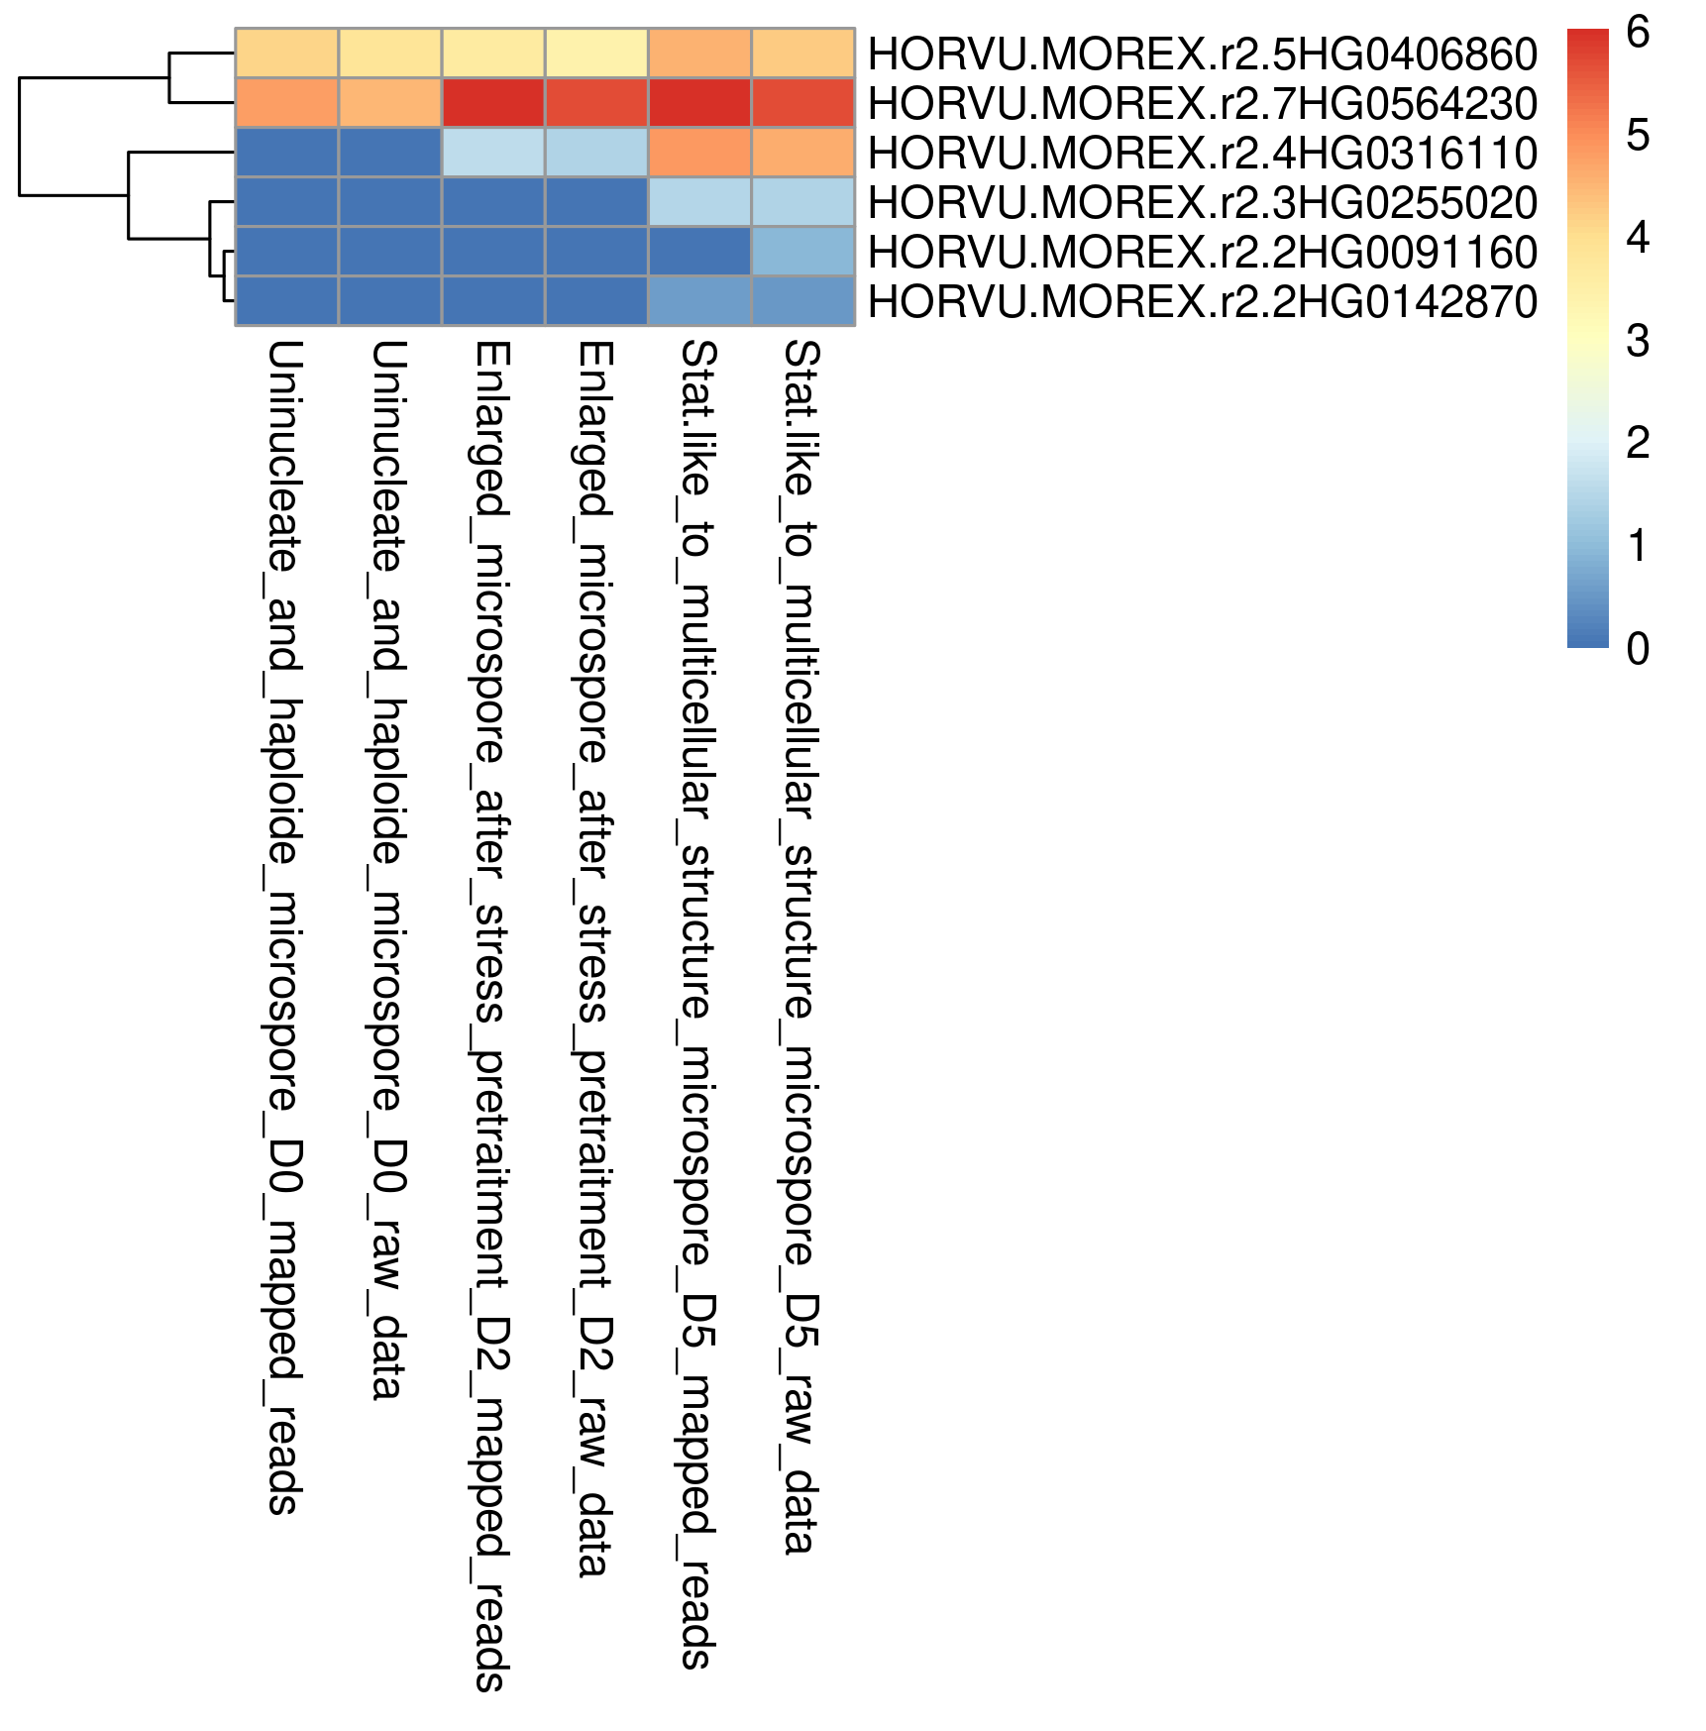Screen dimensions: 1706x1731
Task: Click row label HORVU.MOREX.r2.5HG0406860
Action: click(1202, 54)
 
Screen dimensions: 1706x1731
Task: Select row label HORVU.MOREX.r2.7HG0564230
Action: click(1202, 103)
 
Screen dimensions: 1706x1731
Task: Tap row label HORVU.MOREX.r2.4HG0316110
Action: click(1202, 153)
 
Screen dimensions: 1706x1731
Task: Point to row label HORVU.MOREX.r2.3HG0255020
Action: click(1202, 202)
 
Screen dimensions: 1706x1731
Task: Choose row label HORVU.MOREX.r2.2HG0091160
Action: click(1202, 252)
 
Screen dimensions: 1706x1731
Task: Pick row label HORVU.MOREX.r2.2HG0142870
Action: click(1202, 301)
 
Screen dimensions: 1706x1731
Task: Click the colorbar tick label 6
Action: click(1638, 33)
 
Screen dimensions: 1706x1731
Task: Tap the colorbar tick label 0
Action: click(1638, 649)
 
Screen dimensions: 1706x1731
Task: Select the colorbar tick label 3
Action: click(1638, 341)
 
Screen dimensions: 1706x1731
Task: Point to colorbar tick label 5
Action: click(1638, 136)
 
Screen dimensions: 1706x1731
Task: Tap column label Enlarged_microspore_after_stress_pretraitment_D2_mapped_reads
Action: click(491, 1016)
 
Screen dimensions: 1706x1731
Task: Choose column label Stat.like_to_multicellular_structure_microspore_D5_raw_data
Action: click(800, 947)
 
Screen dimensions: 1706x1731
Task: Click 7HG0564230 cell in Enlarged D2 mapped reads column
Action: click(493, 103)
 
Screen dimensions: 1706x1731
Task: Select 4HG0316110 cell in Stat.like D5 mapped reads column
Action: click(699, 153)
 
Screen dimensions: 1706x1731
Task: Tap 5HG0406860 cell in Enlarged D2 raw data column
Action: click(596, 54)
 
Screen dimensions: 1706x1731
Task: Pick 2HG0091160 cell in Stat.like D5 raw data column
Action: click(802, 252)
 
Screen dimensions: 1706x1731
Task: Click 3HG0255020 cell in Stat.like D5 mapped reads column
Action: click(699, 202)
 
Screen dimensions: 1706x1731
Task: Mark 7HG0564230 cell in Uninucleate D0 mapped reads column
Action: click(287, 103)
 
